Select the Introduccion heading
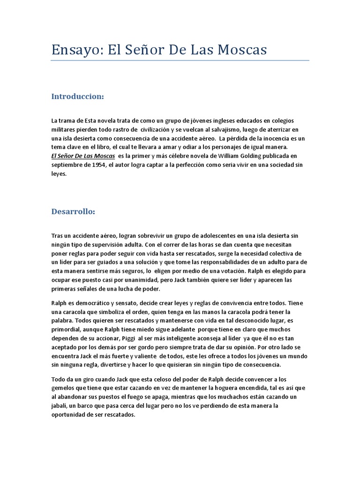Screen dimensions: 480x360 click(x=77, y=97)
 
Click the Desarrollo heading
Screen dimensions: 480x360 click(x=73, y=211)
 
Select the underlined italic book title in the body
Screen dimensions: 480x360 click(x=82, y=156)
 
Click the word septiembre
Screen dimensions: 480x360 click(x=67, y=165)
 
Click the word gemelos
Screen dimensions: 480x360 click(x=64, y=388)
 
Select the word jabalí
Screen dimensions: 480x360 click(x=61, y=405)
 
